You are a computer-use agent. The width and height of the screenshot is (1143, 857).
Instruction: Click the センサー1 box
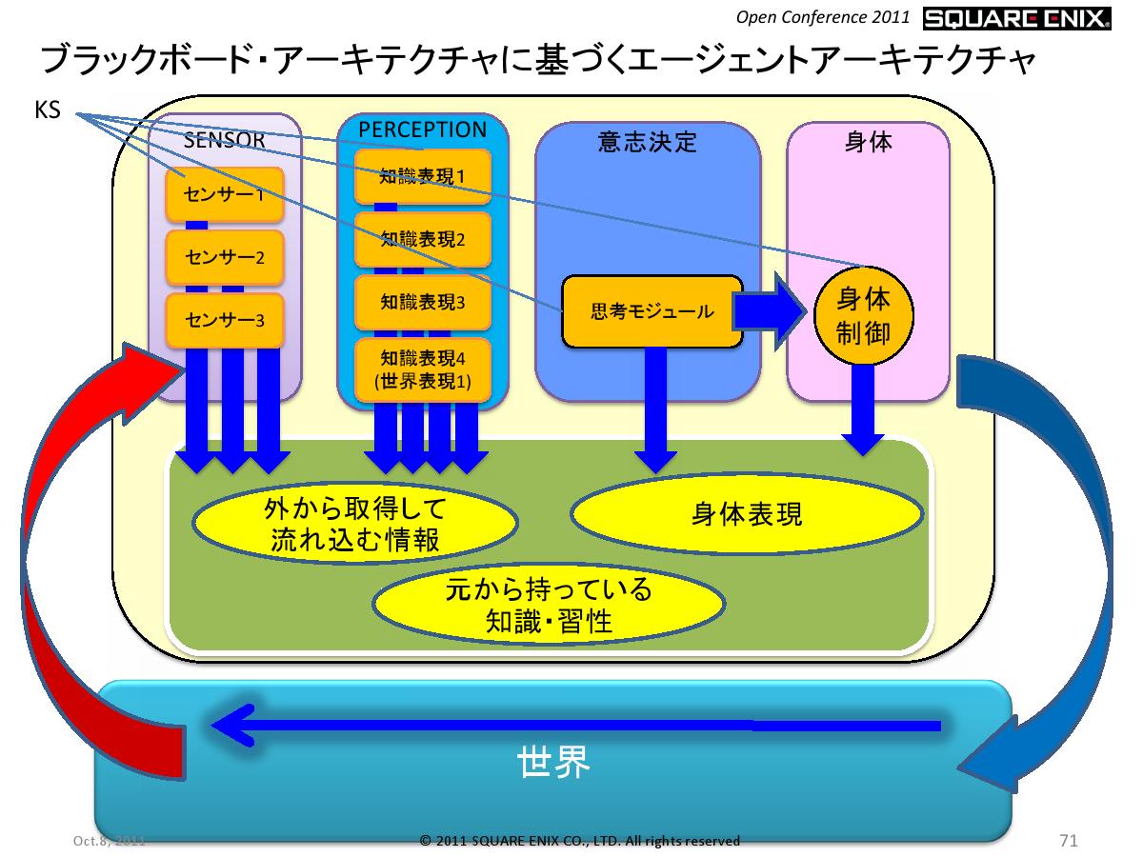(x=225, y=195)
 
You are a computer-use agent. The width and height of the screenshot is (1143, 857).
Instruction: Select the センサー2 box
(x=225, y=256)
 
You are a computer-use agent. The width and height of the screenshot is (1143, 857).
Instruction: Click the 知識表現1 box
(x=422, y=176)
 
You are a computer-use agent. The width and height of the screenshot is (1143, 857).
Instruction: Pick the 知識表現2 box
(x=422, y=238)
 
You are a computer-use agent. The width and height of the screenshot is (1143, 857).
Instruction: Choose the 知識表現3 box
(x=422, y=302)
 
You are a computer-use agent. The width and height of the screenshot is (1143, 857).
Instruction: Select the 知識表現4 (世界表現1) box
(x=422, y=370)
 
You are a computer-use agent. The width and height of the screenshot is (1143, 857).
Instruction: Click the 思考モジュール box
(x=652, y=310)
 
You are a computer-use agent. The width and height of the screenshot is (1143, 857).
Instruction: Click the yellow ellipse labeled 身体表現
(x=746, y=514)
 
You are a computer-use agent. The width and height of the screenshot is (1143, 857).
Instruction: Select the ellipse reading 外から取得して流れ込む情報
(x=354, y=522)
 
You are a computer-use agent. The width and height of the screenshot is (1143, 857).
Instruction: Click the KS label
(x=48, y=111)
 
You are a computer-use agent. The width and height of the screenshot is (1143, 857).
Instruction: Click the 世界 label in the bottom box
(x=554, y=762)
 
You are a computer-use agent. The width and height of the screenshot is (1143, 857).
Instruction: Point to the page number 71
(x=1068, y=840)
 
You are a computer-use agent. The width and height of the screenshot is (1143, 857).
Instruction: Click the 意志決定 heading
(x=648, y=143)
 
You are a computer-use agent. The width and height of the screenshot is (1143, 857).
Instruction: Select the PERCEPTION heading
(x=422, y=129)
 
